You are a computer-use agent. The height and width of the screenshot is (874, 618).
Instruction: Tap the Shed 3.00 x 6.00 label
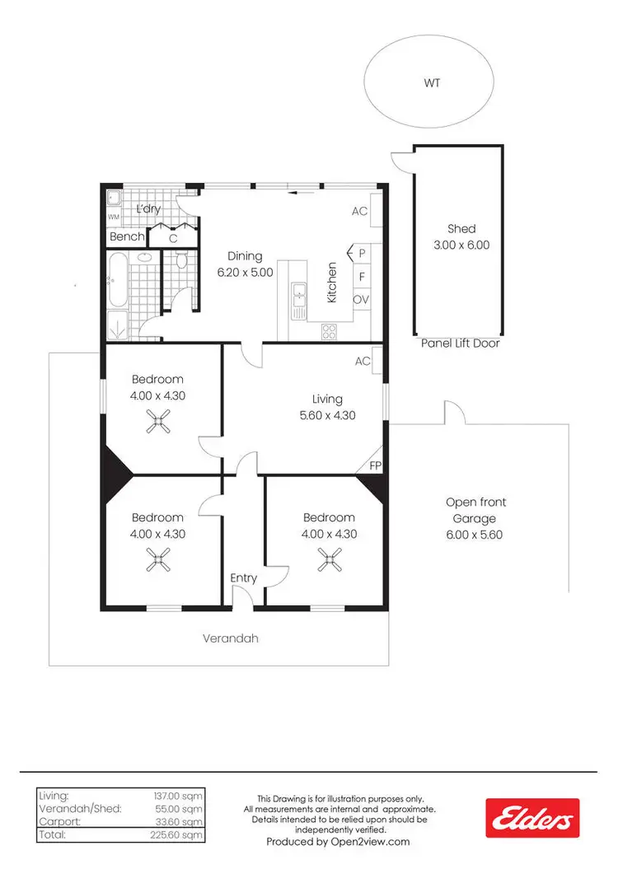point(461,237)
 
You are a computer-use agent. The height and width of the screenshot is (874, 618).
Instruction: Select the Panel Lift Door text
point(460,344)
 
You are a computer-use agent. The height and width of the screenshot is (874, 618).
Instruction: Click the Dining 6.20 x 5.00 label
point(245,264)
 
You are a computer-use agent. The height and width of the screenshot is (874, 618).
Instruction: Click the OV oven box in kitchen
point(361,300)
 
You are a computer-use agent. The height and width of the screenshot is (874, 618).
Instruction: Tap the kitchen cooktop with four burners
point(328,332)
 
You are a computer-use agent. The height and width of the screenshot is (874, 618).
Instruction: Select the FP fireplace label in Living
point(375,465)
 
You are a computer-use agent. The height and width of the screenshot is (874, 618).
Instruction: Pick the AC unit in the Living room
point(376,361)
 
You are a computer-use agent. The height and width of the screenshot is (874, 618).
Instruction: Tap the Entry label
point(244,578)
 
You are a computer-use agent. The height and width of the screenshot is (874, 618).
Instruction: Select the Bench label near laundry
point(127,237)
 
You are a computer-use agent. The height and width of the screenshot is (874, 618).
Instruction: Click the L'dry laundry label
point(148,209)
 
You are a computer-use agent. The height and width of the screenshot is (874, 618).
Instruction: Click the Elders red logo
point(531,818)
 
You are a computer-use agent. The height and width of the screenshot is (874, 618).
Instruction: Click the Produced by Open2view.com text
point(338,842)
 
